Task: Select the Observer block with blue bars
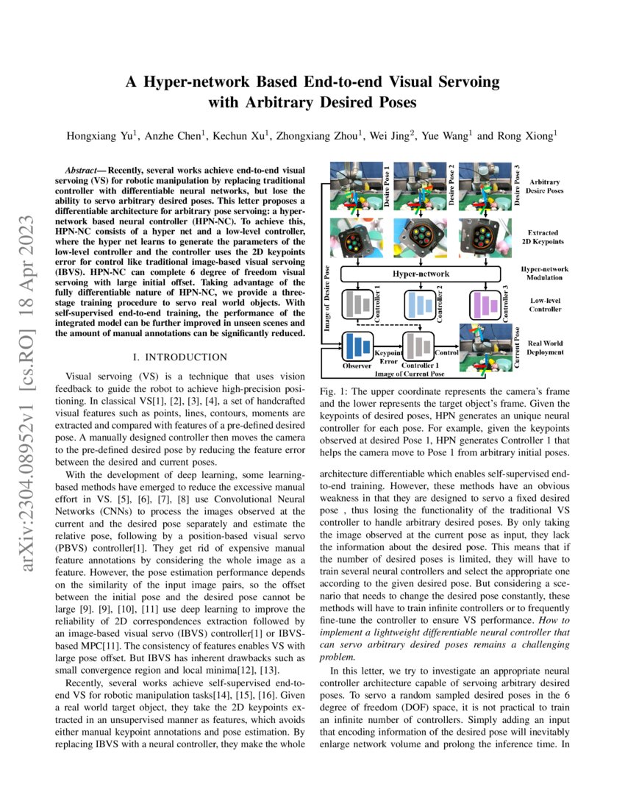pos(358,346)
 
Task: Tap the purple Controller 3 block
pos(486,304)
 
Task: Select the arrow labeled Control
pos(446,340)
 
